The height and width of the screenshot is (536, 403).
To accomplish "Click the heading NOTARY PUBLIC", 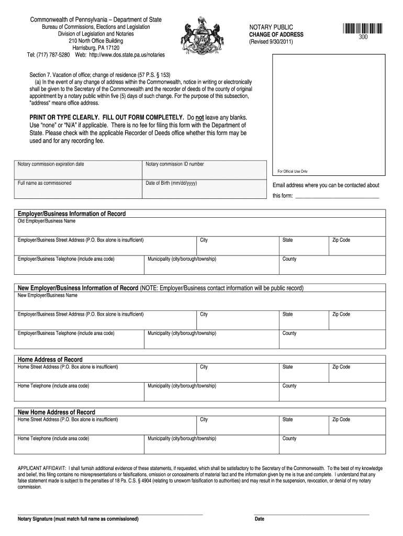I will click(x=271, y=27).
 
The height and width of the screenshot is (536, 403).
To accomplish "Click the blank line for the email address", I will click(x=337, y=197).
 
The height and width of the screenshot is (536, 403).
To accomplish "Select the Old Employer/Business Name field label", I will click(x=47, y=221).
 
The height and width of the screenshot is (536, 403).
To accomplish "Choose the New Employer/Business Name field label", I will click(x=48, y=295).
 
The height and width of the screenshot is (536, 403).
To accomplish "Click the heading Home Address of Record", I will click(x=50, y=360).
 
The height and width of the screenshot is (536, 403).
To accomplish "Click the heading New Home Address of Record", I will click(x=57, y=412).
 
